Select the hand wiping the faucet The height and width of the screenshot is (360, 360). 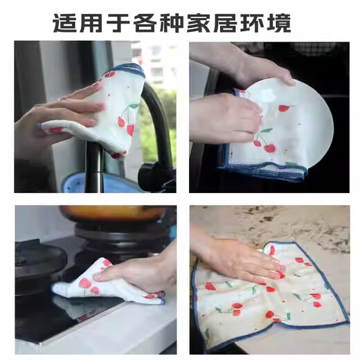pos(59,111)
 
